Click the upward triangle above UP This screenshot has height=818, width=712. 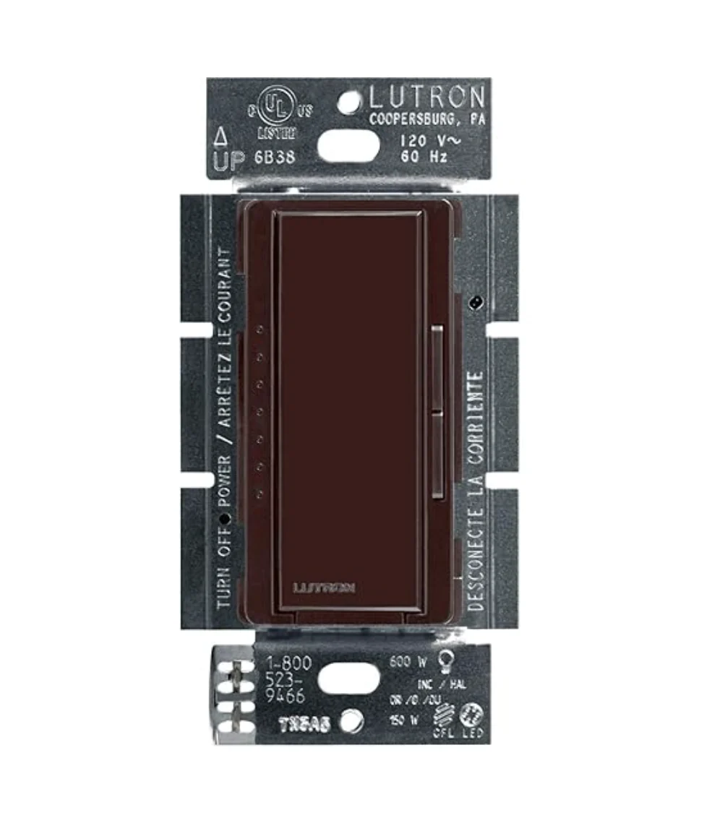pyautogui.click(x=221, y=135)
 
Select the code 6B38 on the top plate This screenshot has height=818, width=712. pyautogui.click(x=275, y=157)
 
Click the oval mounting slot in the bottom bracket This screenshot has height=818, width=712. pyautogui.click(x=348, y=679)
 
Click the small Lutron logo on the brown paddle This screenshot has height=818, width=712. pyautogui.click(x=324, y=586)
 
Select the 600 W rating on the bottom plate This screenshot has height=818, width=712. pyautogui.click(x=408, y=660)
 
